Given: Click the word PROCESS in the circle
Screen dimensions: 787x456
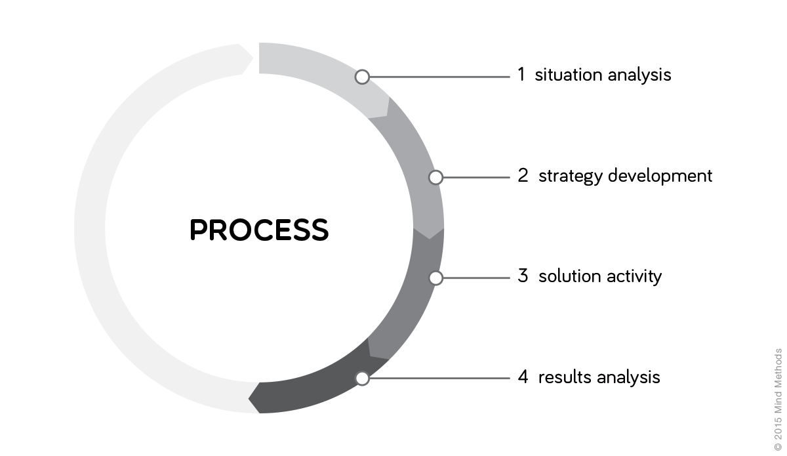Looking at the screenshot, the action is pyautogui.click(x=259, y=230).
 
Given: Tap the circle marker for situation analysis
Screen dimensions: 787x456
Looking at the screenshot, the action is pyautogui.click(x=362, y=77).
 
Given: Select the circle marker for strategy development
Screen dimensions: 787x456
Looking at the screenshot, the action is pyautogui.click(x=435, y=177).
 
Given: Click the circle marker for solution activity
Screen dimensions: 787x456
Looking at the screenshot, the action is pyautogui.click(x=435, y=278).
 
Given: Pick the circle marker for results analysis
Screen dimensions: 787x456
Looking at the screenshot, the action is pyautogui.click(x=362, y=378).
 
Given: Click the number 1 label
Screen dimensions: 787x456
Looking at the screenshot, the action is pyautogui.click(x=521, y=74).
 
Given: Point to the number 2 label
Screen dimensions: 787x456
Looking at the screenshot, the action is pyautogui.click(x=523, y=176).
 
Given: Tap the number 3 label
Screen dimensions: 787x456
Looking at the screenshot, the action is pyautogui.click(x=523, y=276).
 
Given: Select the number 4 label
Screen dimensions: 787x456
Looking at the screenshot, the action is pyautogui.click(x=523, y=377).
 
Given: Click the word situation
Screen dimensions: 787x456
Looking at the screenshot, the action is pyautogui.click(x=569, y=75).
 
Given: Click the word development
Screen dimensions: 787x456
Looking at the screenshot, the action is pyautogui.click(x=660, y=176).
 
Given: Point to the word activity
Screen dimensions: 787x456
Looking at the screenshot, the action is pyautogui.click(x=632, y=277).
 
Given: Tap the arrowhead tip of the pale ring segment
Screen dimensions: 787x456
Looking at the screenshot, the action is pyautogui.click(x=252, y=58).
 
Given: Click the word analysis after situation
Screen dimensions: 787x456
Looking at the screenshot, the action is pyautogui.click(x=639, y=75).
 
